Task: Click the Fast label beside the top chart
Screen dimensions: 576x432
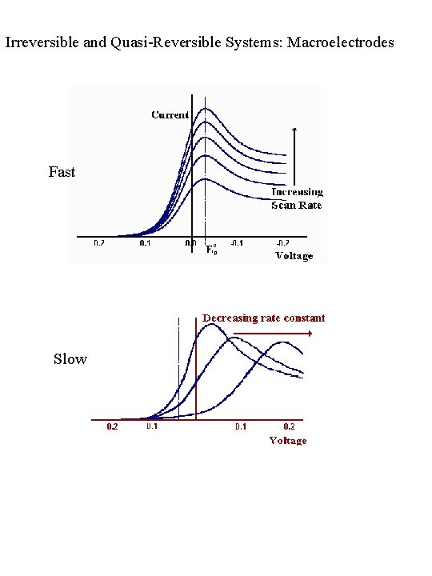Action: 62,171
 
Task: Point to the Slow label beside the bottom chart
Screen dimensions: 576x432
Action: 70,359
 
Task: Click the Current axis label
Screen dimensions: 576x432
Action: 170,115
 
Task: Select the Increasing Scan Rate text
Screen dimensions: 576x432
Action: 296,198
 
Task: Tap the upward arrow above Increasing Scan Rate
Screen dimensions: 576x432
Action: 296,130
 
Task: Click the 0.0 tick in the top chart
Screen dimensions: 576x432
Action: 192,243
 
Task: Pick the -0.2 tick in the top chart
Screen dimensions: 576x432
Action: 282,243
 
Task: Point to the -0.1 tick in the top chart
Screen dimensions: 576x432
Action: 238,243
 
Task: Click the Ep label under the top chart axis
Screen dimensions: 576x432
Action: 210,250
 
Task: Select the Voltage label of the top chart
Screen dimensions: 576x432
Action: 294,256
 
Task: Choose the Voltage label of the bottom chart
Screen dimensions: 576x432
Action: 287,441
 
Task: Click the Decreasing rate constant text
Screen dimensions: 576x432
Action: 263,318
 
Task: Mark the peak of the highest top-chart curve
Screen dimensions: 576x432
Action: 206,108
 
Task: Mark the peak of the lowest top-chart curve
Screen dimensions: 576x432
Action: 206,178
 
